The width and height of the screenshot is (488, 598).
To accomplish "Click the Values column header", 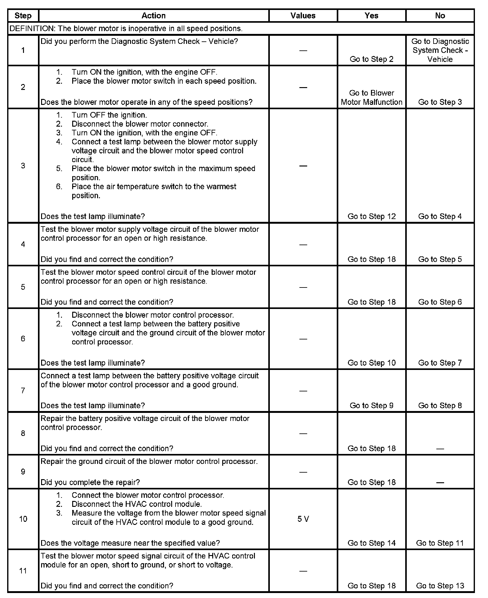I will [x=303, y=16].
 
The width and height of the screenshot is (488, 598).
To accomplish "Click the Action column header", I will [x=153, y=16].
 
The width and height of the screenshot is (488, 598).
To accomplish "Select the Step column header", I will [x=23, y=16].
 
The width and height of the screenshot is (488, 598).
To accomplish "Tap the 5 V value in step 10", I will [x=303, y=519].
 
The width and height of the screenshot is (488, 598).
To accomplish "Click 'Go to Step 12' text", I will [x=372, y=216].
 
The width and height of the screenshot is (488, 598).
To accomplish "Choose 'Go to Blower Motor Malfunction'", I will [x=372, y=97].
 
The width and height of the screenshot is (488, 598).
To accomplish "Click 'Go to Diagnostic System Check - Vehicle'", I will [x=440, y=50].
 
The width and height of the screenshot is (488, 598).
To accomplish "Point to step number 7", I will [x=23, y=390].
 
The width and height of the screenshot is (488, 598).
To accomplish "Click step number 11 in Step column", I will [x=23, y=571].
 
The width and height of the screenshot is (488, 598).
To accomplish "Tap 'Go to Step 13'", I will [x=440, y=586].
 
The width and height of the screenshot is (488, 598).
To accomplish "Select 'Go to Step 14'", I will [x=372, y=543].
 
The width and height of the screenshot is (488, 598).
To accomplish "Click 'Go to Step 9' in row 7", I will [x=372, y=405].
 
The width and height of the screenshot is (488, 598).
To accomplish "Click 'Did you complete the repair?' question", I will [x=90, y=482].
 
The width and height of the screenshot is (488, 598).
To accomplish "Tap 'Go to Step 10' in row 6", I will [x=372, y=363].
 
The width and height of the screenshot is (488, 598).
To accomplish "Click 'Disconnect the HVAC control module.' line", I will [x=137, y=504].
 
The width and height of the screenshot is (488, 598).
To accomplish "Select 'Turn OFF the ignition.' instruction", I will [x=109, y=115].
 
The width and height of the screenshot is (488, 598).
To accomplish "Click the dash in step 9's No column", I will [x=440, y=483].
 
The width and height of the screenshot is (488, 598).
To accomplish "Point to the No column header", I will [x=440, y=16].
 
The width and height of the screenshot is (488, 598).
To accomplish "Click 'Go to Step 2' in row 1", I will [x=372, y=59].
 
